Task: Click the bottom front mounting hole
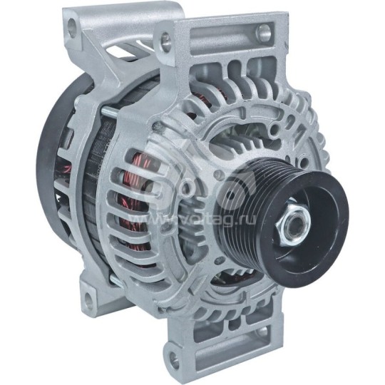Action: (x=172, y=354)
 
